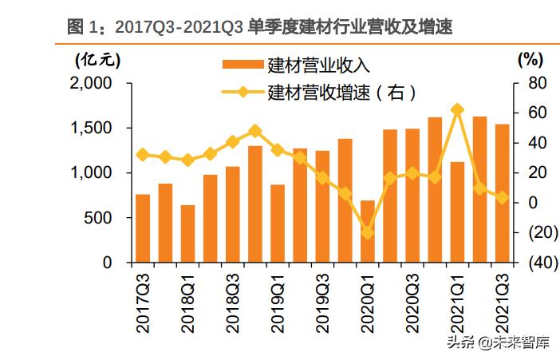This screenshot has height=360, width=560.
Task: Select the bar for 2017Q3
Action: point(143,228)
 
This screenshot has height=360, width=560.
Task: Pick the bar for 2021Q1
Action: point(457,212)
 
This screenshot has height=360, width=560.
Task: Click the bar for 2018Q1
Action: point(187,234)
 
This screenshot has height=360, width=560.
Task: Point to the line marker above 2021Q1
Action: point(457,109)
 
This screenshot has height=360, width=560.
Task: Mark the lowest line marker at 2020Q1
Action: point(368,232)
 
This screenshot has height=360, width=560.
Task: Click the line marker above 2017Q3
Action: point(143,155)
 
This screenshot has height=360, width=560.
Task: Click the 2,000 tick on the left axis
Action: point(96,84)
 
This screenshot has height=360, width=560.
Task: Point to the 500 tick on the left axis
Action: point(103,218)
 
